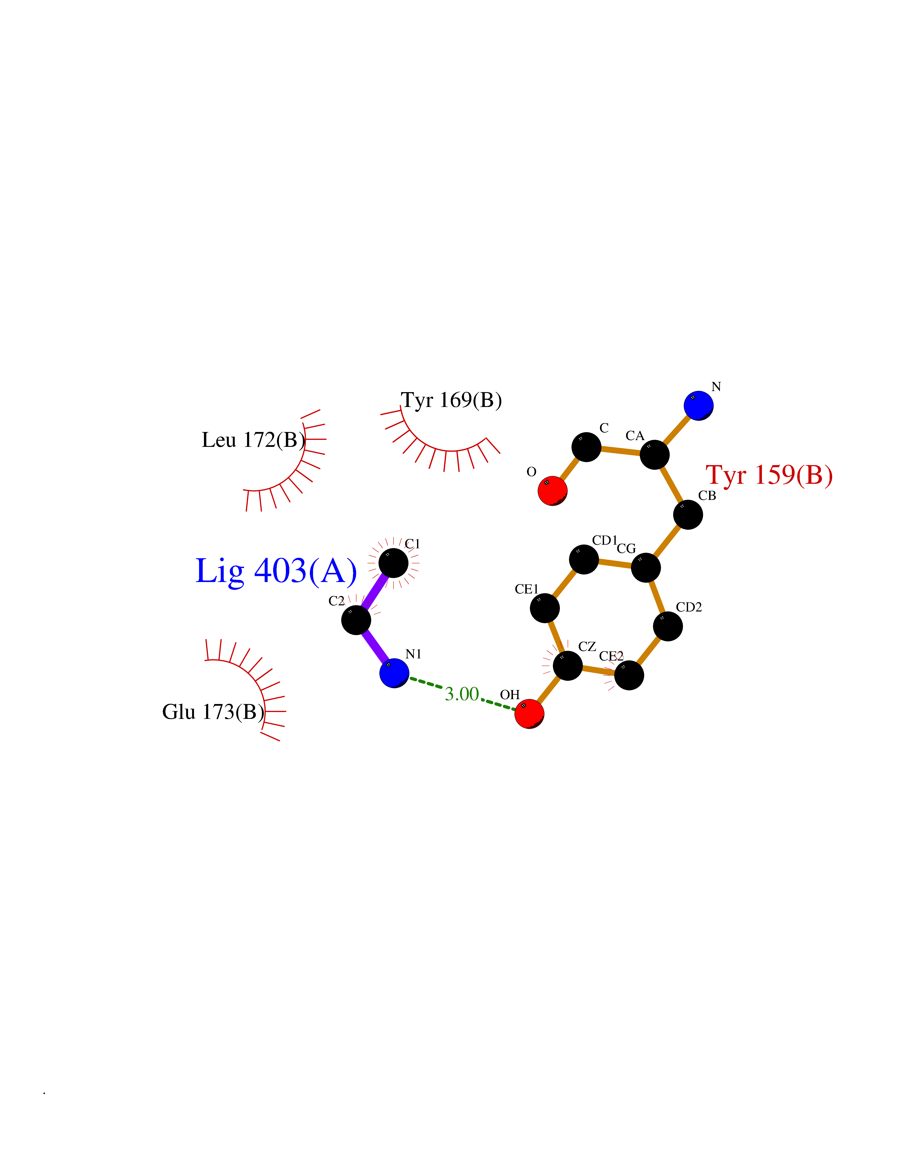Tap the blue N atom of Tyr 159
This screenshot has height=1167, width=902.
pyautogui.click(x=698, y=405)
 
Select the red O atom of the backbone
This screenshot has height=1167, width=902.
pyautogui.click(x=552, y=491)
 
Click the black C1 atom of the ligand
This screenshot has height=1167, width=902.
pyautogui.click(x=393, y=563)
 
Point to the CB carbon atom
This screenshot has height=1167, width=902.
pyautogui.click(x=688, y=515)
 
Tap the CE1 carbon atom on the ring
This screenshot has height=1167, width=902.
pyautogui.click(x=545, y=608)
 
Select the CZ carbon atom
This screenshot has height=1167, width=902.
pyautogui.click(x=568, y=666)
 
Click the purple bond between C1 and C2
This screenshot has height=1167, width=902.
pyautogui.click(x=375, y=592)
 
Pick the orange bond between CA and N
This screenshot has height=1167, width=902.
pyautogui.click(x=677, y=430)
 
